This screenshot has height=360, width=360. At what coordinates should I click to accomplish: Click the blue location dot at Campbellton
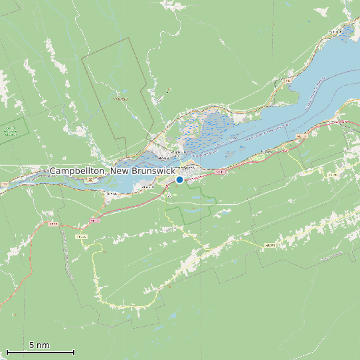click(x=179, y=179)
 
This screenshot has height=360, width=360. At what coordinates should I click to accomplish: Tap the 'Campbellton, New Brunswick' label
click(x=113, y=171)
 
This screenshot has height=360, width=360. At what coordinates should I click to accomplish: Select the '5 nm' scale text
click(x=39, y=345)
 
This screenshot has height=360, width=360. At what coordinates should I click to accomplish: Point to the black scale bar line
click(x=40, y=352)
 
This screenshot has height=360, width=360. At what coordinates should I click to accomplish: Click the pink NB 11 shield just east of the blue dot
click(x=220, y=172)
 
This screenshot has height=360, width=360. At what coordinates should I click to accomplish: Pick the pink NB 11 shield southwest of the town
click(x=94, y=220)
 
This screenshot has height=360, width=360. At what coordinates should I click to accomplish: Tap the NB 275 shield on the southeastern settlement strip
click(x=270, y=246)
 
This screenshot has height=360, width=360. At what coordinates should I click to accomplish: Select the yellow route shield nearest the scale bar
click(x=81, y=236)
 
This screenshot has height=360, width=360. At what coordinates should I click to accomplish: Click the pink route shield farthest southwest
click(x=52, y=224)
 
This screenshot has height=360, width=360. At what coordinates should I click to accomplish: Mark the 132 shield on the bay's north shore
click(x=289, y=81)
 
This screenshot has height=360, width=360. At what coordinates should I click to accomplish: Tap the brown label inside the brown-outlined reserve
click(x=120, y=100)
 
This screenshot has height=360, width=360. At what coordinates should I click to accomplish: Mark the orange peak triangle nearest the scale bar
click(x=14, y=314)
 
